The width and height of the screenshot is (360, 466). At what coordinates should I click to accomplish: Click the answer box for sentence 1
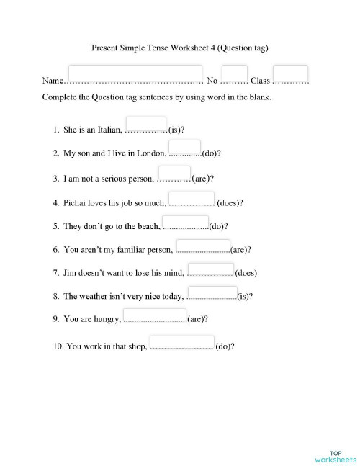pyautogui.click(x=146, y=124)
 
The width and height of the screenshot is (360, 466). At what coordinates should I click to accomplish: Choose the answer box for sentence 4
pyautogui.click(x=191, y=198)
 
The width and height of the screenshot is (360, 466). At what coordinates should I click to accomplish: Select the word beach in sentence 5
pyautogui.click(x=145, y=226)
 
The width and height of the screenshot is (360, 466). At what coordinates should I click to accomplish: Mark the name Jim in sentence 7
pyautogui.click(x=70, y=273)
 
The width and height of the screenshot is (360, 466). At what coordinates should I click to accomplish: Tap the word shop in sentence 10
pyautogui.click(x=136, y=346)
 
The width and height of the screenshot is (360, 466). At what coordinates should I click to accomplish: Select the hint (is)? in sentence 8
pyautogui.click(x=245, y=296)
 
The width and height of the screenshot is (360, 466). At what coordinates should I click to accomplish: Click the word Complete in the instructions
pyautogui.click(x=59, y=97)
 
